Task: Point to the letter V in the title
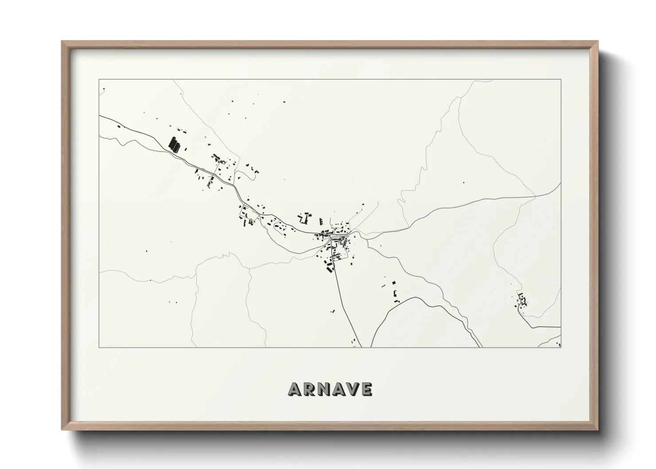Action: pos(353,389)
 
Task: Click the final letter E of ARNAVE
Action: pos(366,389)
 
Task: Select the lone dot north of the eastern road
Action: pos(464,182)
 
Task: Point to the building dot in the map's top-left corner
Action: pos(104,89)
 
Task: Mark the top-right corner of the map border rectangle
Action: pos(561,79)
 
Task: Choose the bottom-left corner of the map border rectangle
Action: pos(99,348)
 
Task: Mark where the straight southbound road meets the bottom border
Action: pos(361,347)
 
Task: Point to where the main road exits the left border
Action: pos(99,116)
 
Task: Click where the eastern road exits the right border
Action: pos(561,183)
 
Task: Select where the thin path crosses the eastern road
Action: pos(535,195)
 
